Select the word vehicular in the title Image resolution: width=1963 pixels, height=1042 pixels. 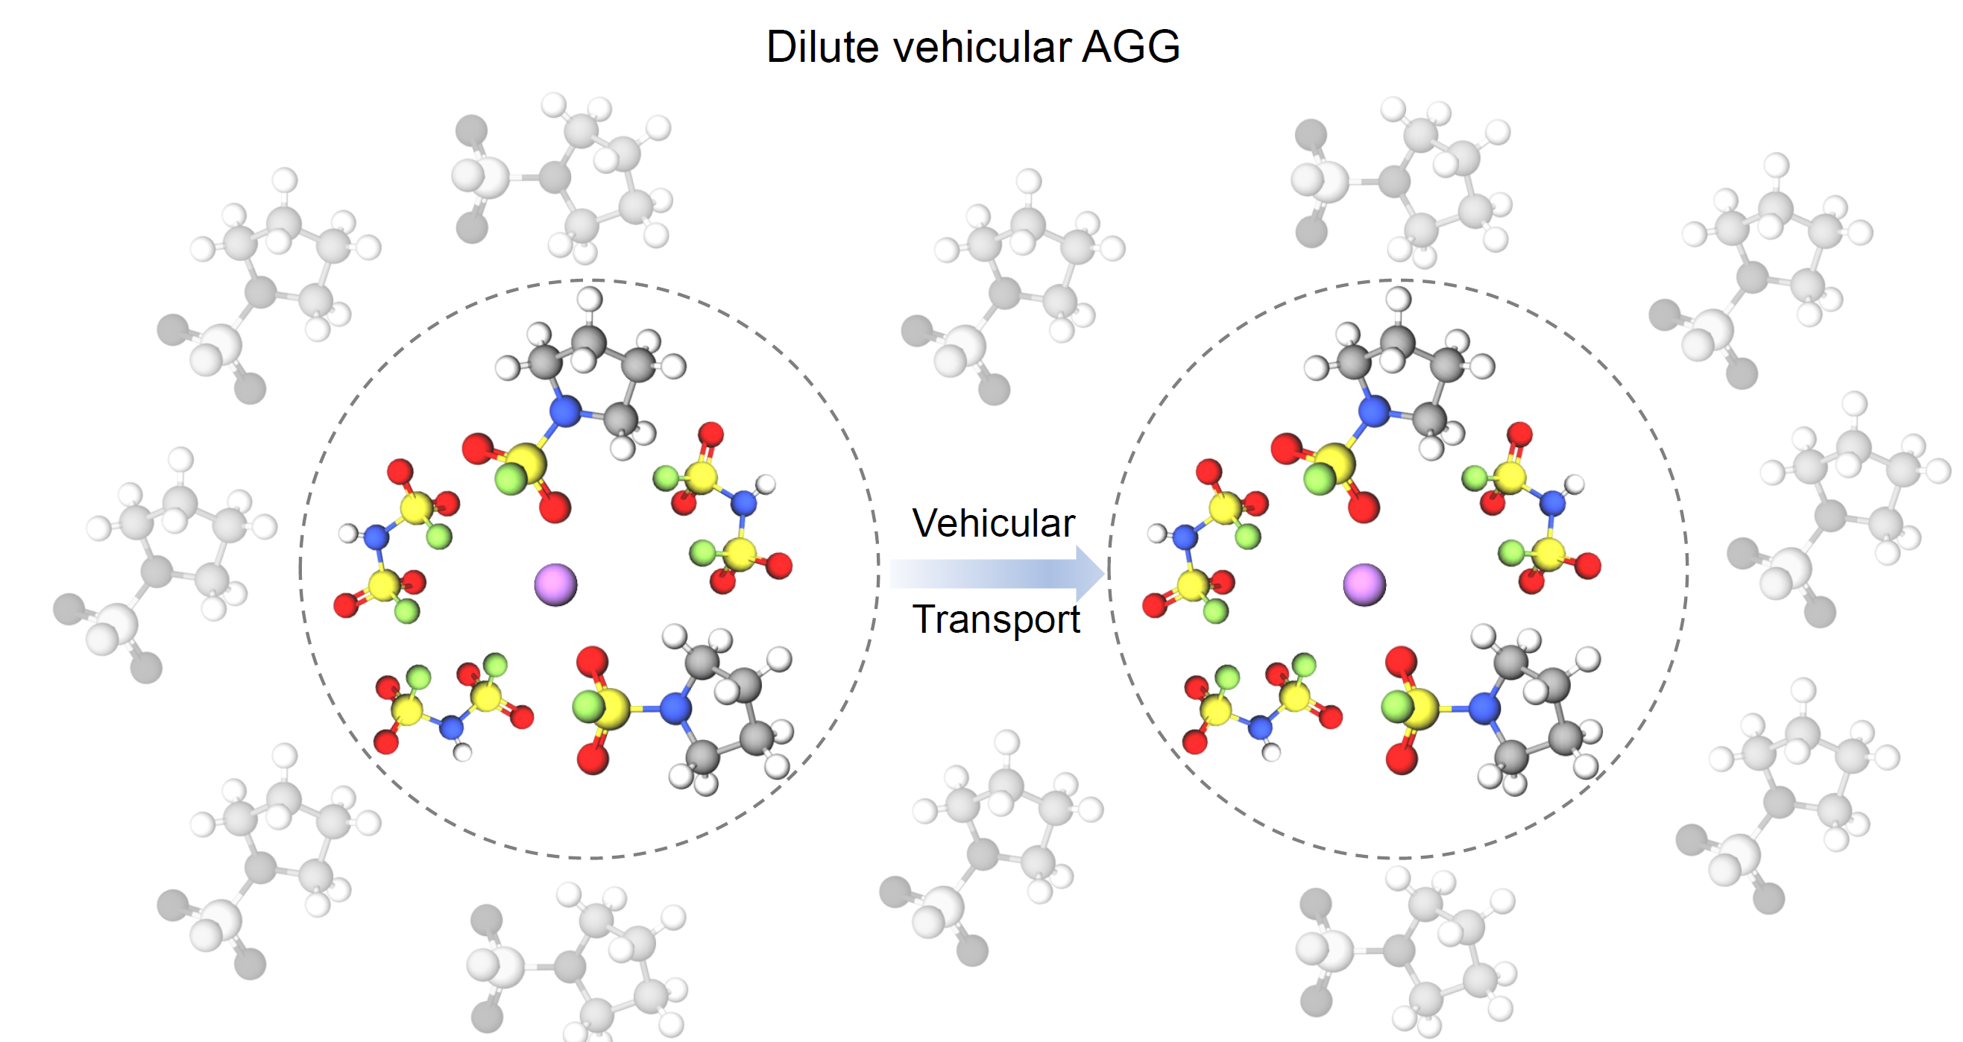[x=983, y=47]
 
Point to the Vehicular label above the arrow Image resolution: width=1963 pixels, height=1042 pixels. [x=993, y=523]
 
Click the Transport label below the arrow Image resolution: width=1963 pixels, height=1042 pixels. [x=996, y=619]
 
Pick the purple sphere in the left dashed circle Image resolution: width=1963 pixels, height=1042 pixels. [x=555, y=584]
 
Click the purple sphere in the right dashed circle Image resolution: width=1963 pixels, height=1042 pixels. [x=1364, y=584]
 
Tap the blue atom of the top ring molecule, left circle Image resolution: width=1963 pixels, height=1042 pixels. [x=565, y=411]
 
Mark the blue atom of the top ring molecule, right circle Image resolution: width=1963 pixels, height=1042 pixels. [x=1374, y=411]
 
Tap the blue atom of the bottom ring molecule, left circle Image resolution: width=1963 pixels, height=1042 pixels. [x=675, y=708]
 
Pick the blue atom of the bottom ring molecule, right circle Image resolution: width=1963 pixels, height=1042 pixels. [x=1484, y=708]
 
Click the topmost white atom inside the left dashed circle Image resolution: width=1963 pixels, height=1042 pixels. [x=589, y=299]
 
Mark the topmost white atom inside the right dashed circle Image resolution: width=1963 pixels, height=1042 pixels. [x=1398, y=299]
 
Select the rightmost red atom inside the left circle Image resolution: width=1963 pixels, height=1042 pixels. [x=779, y=566]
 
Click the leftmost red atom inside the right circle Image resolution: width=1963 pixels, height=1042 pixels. [x=1155, y=605]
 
